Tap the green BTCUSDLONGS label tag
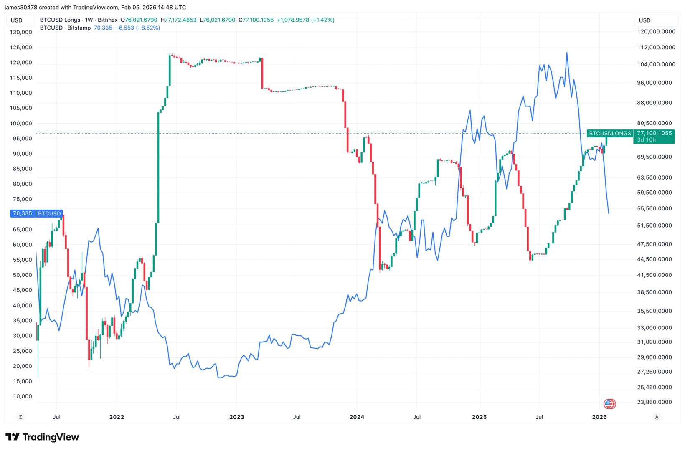pos(609,133)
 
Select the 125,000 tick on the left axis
pos(20,47)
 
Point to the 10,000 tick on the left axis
pos(22,396)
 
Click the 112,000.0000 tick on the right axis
pos(655,47)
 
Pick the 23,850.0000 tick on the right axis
pos(655,402)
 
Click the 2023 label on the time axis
pos(236,417)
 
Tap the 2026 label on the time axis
pos(599,417)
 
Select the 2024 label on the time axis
pos(357,417)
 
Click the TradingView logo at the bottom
pos(42,437)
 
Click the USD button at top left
pos(17,20)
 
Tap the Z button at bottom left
pos(20,417)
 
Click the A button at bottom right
pos(657,417)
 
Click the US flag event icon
pos(609,404)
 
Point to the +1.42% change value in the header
pos(323,20)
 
